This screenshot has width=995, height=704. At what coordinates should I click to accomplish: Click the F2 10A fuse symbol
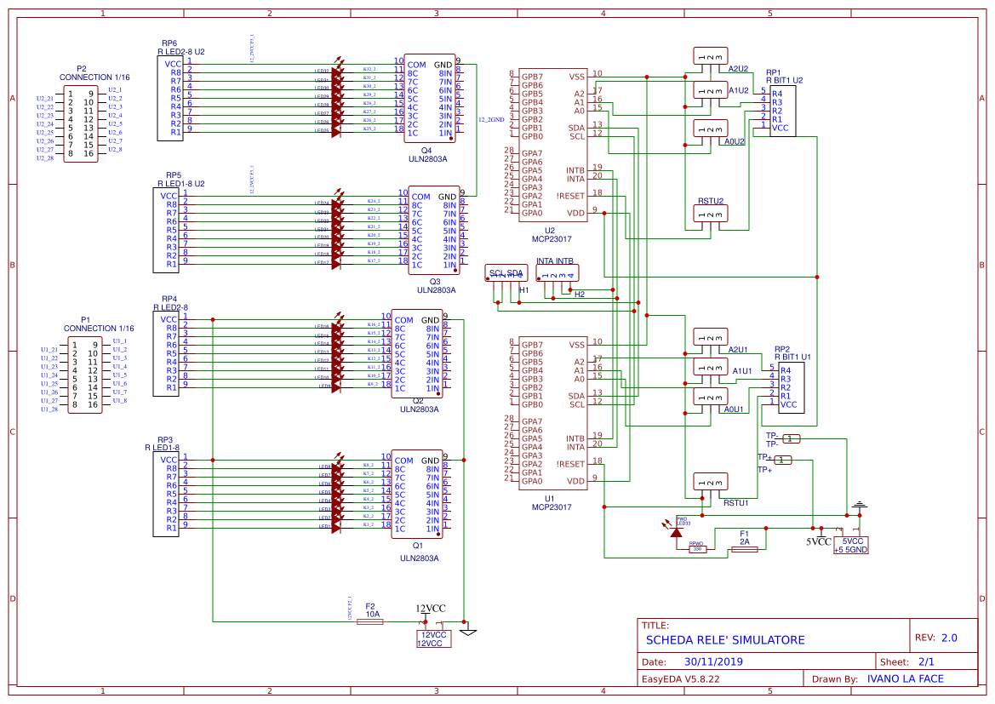(x=369, y=622)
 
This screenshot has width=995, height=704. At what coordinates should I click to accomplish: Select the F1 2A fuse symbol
(x=745, y=550)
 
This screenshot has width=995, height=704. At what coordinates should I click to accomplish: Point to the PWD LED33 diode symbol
(x=677, y=532)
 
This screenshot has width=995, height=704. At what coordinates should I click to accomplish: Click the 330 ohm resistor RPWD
(x=697, y=549)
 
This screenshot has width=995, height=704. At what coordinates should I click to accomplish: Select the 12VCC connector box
(x=433, y=639)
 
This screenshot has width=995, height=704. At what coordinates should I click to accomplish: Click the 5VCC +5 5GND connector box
(x=851, y=546)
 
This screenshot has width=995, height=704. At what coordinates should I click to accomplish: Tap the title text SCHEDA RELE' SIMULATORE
(x=724, y=640)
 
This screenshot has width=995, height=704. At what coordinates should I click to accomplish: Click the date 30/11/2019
(x=713, y=661)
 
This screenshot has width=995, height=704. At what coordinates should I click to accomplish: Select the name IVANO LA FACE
(x=905, y=678)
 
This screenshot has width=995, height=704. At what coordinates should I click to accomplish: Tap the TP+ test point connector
(x=784, y=461)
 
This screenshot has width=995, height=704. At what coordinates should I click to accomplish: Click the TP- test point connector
(x=791, y=438)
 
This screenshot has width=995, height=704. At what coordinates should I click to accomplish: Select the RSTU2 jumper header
(x=711, y=216)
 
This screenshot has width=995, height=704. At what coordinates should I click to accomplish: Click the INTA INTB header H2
(x=558, y=274)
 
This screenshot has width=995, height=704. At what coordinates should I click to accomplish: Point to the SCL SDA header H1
(x=506, y=274)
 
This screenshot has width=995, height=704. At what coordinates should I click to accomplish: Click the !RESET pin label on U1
(x=570, y=464)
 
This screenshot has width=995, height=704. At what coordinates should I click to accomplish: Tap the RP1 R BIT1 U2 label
(x=784, y=77)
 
